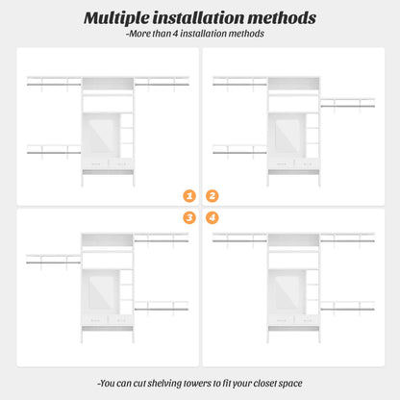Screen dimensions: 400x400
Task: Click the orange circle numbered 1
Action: pyautogui.click(x=189, y=196)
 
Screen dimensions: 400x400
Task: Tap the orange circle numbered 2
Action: pyautogui.click(x=212, y=196)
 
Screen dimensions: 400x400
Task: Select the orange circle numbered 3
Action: pyautogui.click(x=189, y=217)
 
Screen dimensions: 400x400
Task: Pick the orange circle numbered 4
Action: pyautogui.click(x=212, y=217)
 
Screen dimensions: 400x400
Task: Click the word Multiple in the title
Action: pyautogui.click(x=116, y=18)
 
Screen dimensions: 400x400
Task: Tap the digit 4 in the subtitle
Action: pyautogui.click(x=175, y=34)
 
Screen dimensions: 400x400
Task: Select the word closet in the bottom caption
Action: pyautogui.click(x=264, y=384)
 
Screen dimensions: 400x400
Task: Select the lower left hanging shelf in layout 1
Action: pyautogui.click(x=54, y=151)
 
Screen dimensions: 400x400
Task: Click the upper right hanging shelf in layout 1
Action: pyautogui.click(x=162, y=83)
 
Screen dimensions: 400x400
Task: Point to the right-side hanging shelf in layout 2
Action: pyautogui.click(x=348, y=104)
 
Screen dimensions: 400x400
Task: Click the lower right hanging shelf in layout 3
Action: pyautogui.click(x=162, y=307)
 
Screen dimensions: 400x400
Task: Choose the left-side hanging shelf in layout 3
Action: pyautogui.click(x=53, y=261)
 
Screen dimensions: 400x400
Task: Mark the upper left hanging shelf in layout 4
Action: pyautogui.click(x=239, y=238)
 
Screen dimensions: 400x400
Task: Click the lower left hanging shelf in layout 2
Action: pyautogui.click(x=239, y=151)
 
